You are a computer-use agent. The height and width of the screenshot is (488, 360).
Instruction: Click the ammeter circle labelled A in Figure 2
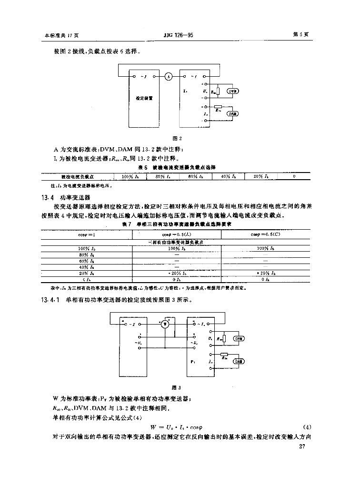click(168, 76)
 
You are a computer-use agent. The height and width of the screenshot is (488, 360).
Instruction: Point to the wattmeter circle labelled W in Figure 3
click(165, 324)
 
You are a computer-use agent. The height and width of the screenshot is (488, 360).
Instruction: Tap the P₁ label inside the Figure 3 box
click(192, 362)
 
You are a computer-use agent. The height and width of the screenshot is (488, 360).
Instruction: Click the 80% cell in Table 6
click(162, 176)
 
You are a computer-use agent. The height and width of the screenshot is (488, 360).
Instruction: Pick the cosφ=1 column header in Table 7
click(87, 234)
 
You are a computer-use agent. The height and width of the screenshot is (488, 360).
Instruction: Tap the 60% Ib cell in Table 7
click(87, 261)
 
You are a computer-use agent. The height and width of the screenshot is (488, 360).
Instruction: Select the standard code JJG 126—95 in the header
click(179, 35)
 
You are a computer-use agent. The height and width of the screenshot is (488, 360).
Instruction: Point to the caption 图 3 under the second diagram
click(180, 387)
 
